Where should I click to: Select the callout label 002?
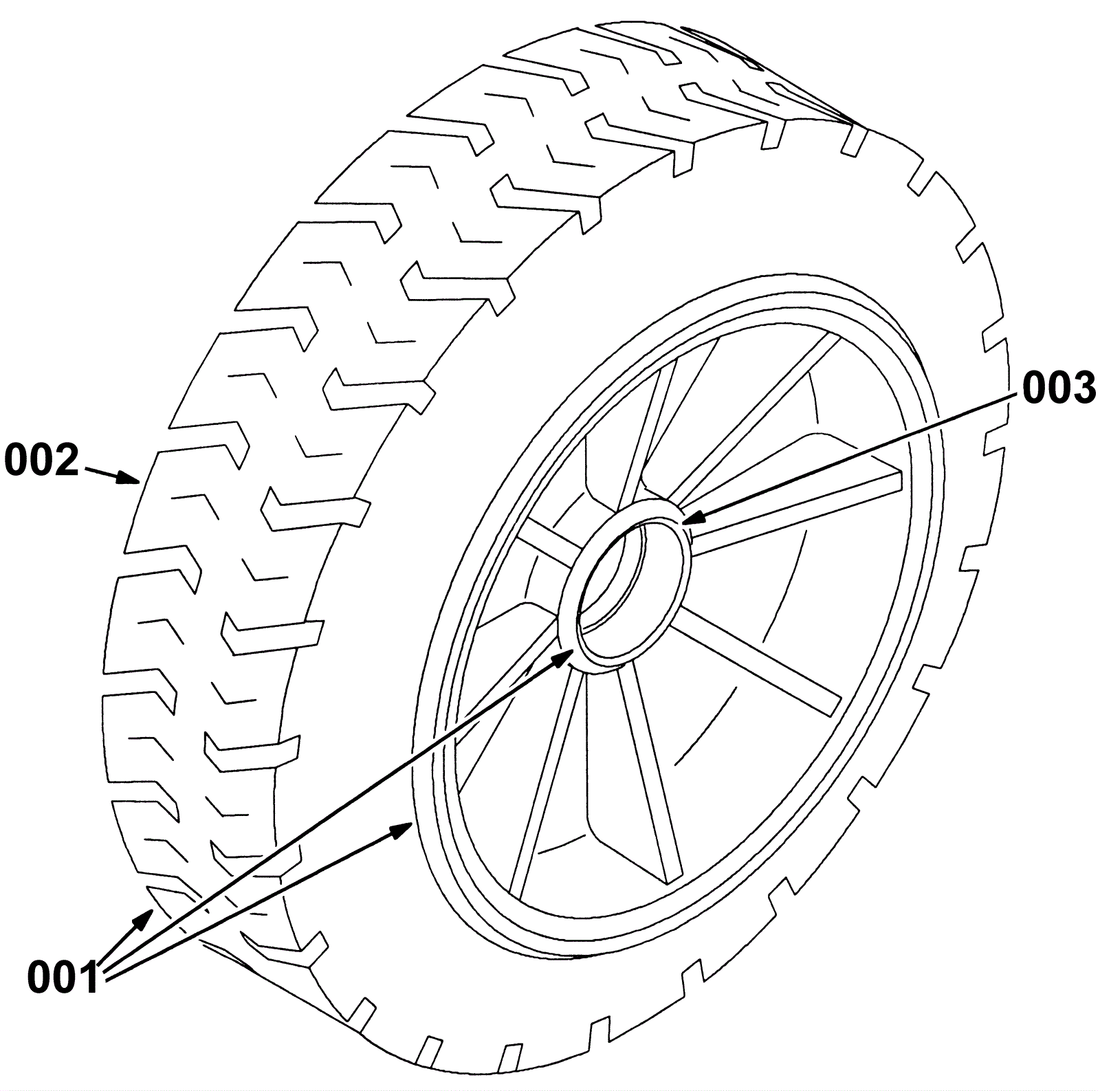click(x=42, y=461)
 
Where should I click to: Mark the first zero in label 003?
click(x=1035, y=388)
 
